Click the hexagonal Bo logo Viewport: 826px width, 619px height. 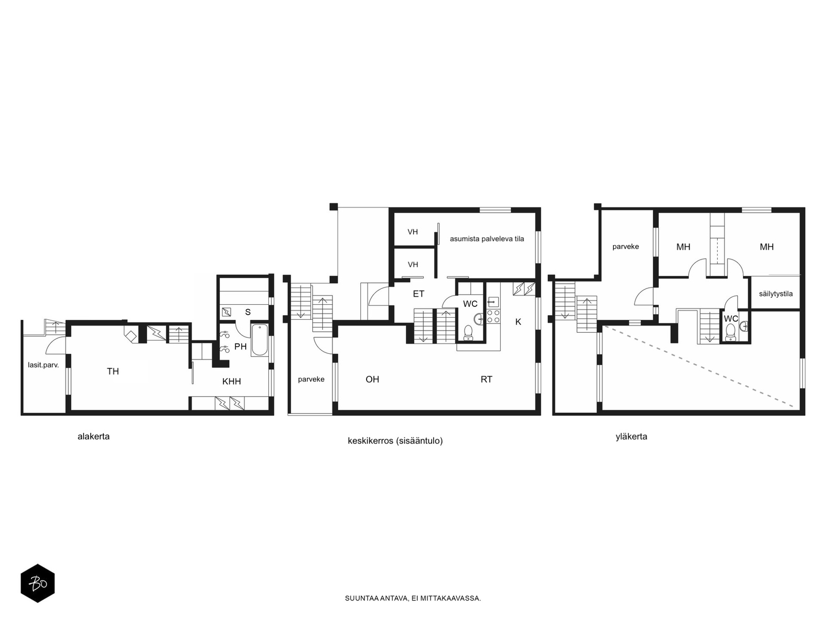pyautogui.click(x=38, y=583)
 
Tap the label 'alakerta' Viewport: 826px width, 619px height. pyautogui.click(x=93, y=437)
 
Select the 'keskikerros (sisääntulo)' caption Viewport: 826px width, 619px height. pyautogui.click(x=395, y=441)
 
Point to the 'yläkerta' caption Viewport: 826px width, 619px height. pyautogui.click(x=631, y=437)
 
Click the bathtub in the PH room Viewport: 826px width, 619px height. pyautogui.click(x=259, y=340)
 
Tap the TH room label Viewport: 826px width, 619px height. pyautogui.click(x=113, y=371)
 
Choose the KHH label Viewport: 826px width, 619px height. pyautogui.click(x=231, y=382)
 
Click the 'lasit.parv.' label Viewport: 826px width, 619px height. pyautogui.click(x=43, y=365)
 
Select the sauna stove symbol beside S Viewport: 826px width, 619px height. pyautogui.click(x=227, y=312)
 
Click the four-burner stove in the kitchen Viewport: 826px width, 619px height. pyautogui.click(x=494, y=316)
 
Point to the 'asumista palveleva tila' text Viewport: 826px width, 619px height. pyautogui.click(x=487, y=239)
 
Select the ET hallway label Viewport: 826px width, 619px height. pyautogui.click(x=419, y=294)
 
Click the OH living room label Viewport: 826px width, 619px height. pyautogui.click(x=372, y=379)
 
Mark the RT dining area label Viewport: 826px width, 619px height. pyautogui.click(x=486, y=379)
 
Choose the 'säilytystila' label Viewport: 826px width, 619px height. pyautogui.click(x=775, y=294)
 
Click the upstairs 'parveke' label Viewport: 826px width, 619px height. pyautogui.click(x=625, y=247)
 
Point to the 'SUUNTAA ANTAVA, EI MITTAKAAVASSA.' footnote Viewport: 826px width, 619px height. pyautogui.click(x=413, y=598)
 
